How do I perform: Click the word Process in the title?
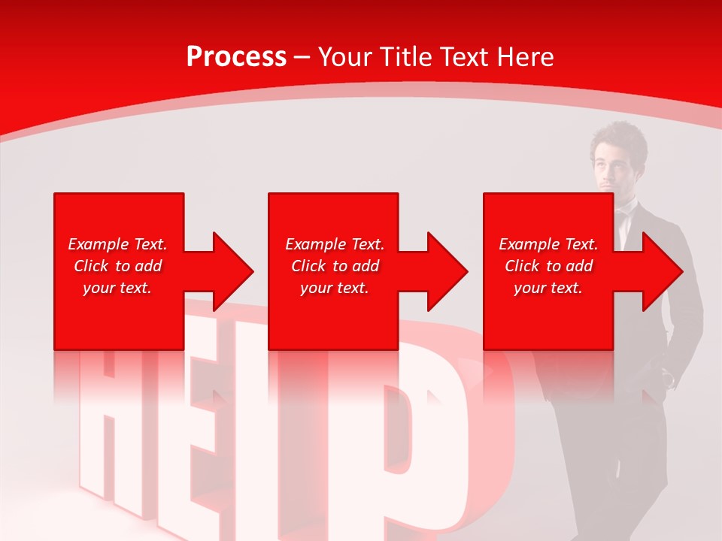[x=236, y=57]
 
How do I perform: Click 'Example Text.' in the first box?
[x=117, y=244]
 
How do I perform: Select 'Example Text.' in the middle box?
[x=335, y=244]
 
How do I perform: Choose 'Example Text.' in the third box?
[x=548, y=244]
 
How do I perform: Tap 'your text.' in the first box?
[x=117, y=288]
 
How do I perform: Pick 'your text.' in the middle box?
[x=335, y=288]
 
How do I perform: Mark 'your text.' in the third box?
[x=548, y=288]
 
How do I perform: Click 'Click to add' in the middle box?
[x=335, y=266]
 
